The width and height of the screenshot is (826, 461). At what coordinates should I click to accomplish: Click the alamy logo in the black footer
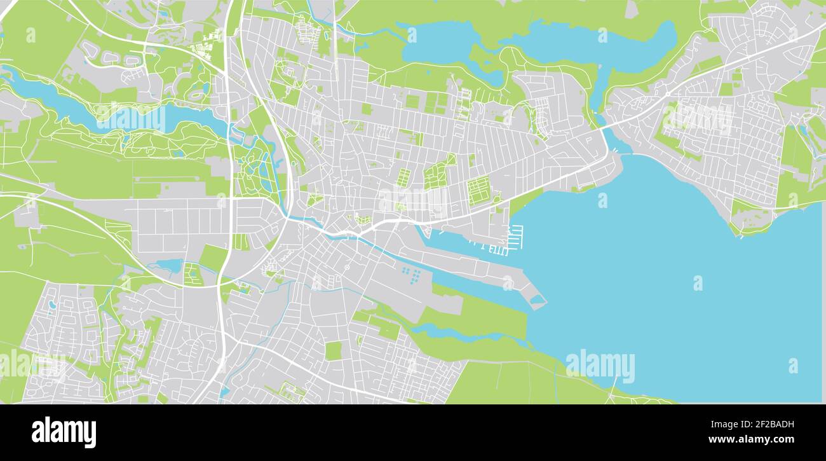pos(64,432)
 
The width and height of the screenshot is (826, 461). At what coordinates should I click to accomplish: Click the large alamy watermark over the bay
pos(600,366)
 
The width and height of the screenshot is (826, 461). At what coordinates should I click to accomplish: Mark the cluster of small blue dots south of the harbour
pos(412,275)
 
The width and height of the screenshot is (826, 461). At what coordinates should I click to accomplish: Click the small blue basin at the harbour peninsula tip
pos(538,299)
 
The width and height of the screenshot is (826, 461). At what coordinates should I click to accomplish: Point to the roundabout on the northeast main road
pos(668,93)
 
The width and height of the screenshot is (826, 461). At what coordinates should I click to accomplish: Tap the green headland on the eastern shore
pos(750,219)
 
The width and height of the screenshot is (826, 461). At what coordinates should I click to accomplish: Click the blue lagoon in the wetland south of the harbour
pos(445,332)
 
